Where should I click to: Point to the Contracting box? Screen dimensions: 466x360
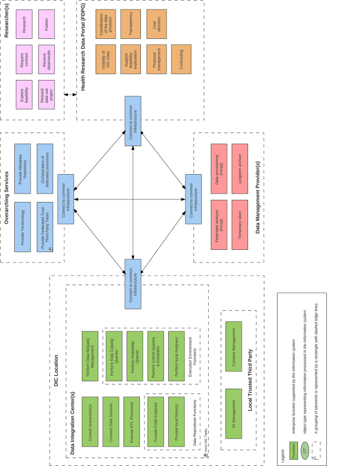(x=180, y=59)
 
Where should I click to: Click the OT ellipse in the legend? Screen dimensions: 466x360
(x=305, y=451)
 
